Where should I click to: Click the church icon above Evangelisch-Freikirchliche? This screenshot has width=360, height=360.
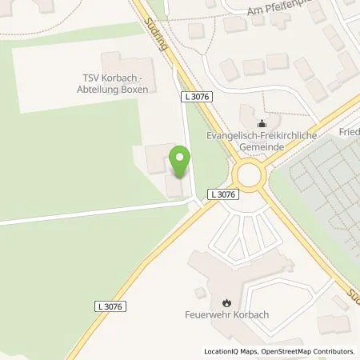pos(262,124)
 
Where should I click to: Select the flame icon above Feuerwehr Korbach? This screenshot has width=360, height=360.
pos(226,303)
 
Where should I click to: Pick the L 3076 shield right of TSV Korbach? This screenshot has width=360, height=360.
pos(196,97)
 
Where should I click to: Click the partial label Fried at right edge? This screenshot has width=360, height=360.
pos(350,131)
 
